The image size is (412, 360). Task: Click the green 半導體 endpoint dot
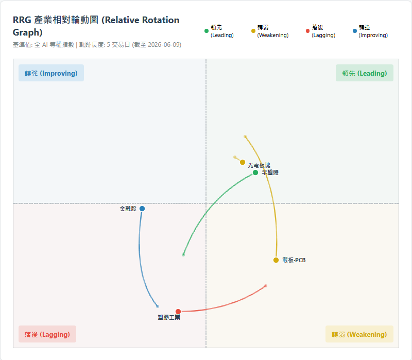point(255,173)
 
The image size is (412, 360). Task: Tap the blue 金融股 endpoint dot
point(142,209)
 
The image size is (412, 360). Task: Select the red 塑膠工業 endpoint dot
point(178,312)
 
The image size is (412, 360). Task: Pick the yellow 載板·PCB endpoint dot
point(276,260)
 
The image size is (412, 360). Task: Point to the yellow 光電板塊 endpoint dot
point(243,162)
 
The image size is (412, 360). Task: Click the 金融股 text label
point(128,209)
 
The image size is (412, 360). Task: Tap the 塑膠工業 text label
point(169,317)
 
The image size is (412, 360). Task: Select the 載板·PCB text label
point(294,260)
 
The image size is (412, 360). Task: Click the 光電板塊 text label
point(259,165)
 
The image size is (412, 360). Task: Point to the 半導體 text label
point(270,173)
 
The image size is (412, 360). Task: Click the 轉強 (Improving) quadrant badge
point(51,73)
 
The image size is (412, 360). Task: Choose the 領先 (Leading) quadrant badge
point(365,73)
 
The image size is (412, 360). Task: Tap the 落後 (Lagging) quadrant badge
point(47,334)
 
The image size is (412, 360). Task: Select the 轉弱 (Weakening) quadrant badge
point(359,334)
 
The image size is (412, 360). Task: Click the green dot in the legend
point(207,31)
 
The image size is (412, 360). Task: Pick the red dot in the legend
point(307,31)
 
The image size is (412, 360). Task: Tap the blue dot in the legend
point(355,31)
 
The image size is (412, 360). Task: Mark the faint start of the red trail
point(266,286)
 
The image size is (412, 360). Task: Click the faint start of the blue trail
point(158,306)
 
